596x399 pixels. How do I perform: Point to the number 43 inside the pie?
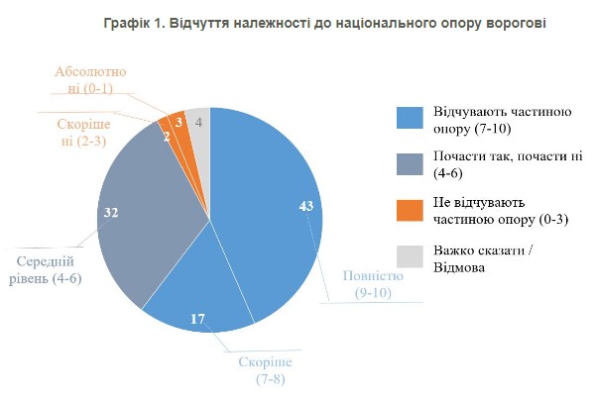pos(305,205)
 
